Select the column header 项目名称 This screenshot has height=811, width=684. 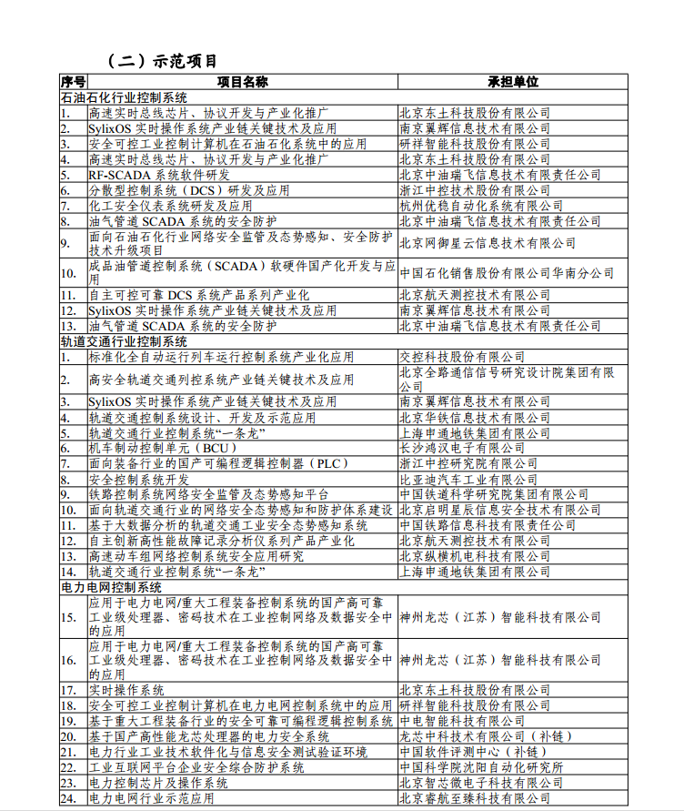coord(242,81)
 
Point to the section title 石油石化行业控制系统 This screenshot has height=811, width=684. coord(124,97)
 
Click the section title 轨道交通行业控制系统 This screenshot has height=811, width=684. coord(124,341)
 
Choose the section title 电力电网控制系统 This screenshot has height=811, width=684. coord(111,588)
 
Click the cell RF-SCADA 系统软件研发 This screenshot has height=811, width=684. coord(159,175)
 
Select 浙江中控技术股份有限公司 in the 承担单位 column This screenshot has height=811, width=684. coord(475,190)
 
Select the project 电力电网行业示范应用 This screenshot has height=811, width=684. coord(151,798)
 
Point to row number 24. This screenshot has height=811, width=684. coord(68,798)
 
